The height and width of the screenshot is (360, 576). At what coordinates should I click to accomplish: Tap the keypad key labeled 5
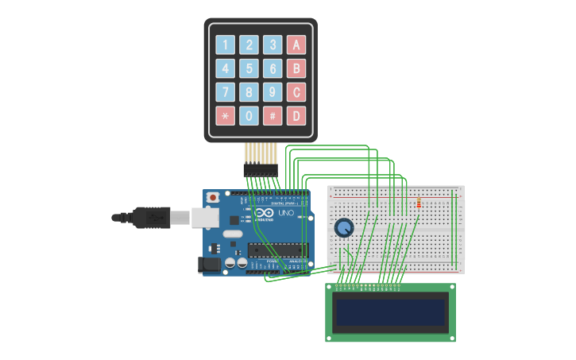click(249, 68)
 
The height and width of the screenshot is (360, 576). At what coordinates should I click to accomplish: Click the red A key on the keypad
click(296, 45)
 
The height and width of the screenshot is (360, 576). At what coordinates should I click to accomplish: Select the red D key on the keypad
click(296, 116)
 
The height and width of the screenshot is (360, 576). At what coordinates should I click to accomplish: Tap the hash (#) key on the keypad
click(273, 116)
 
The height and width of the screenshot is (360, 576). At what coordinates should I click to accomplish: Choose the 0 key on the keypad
click(249, 116)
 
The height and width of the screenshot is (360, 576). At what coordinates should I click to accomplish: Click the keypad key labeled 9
click(273, 92)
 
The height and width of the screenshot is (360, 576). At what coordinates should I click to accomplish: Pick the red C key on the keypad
click(296, 92)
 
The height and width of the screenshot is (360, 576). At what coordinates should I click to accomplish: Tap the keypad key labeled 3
click(273, 45)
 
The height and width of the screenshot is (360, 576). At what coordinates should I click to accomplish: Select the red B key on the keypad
click(296, 68)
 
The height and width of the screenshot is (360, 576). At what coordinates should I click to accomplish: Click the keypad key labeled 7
click(226, 92)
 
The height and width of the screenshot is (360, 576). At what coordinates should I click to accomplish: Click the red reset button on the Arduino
click(212, 198)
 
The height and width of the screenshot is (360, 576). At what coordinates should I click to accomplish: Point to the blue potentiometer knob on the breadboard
click(344, 228)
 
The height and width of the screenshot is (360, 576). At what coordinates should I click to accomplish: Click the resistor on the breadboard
click(419, 203)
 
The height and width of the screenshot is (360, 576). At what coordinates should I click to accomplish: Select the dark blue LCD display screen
click(390, 313)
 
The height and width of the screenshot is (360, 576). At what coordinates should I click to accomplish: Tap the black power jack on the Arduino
click(211, 264)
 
